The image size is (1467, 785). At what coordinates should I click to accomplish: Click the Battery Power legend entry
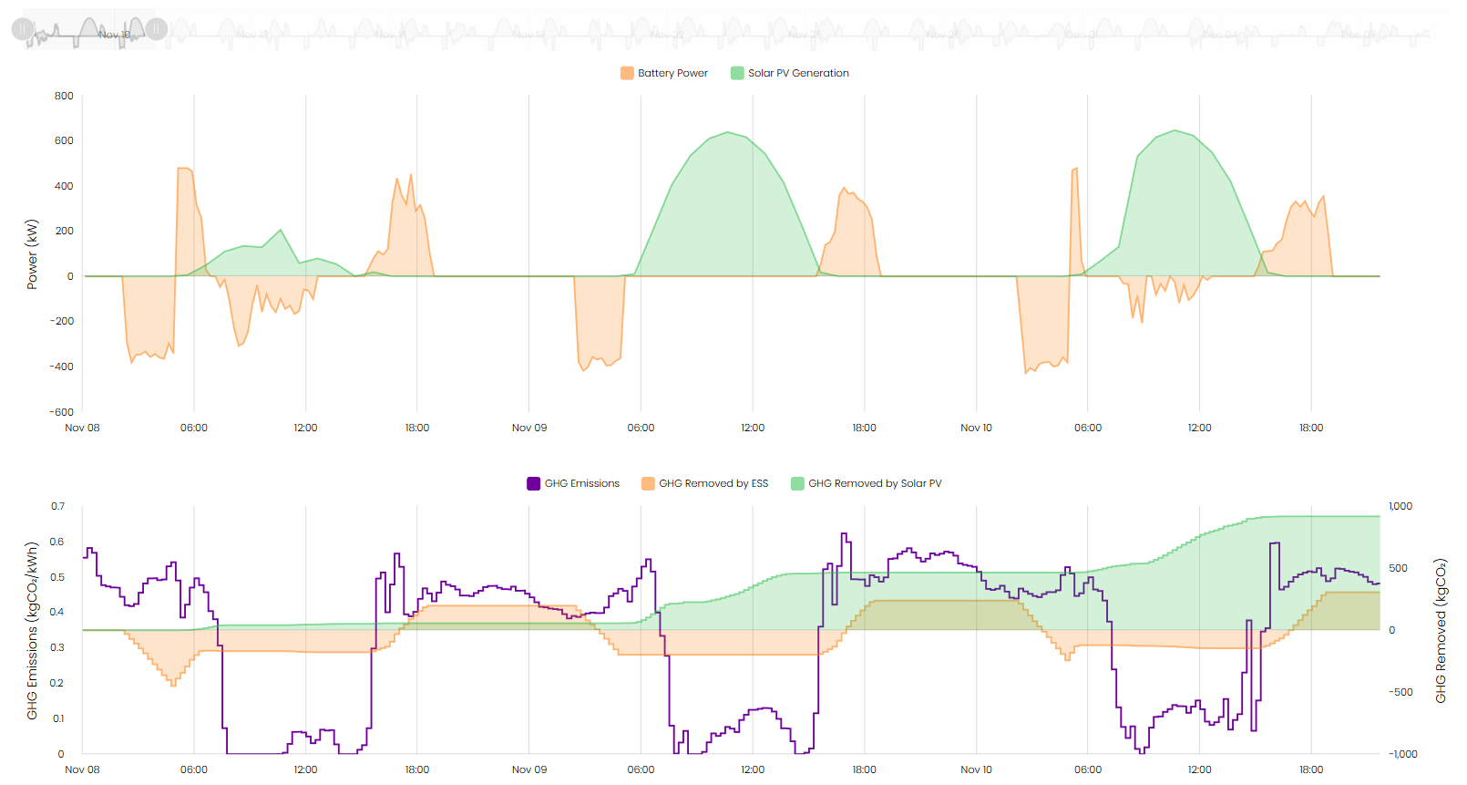[x=664, y=73]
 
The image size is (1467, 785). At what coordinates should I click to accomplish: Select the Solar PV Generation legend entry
[x=790, y=73]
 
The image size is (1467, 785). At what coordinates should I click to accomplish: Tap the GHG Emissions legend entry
[x=573, y=483]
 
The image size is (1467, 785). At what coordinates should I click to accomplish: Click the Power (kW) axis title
[x=33, y=254]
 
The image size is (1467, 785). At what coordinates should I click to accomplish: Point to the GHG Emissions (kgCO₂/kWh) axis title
[x=33, y=631]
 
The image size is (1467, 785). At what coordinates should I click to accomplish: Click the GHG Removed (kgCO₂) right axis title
[x=1441, y=631]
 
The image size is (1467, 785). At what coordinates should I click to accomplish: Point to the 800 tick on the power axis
[x=64, y=96]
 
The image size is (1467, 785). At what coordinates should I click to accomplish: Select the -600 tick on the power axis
[x=62, y=412]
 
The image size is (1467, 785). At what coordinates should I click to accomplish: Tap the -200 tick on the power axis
[x=62, y=321]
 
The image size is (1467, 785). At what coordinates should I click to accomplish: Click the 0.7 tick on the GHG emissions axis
[x=57, y=506]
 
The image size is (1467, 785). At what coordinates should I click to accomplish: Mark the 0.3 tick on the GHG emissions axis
[x=57, y=647]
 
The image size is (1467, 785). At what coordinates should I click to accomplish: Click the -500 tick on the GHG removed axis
[x=1400, y=692]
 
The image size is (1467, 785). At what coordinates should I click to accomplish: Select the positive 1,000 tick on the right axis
[x=1400, y=506]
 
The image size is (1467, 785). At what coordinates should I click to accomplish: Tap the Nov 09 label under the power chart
[x=529, y=428]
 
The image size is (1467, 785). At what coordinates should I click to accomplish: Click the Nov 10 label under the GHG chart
[x=976, y=770]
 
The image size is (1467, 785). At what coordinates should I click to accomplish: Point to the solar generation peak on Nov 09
[x=729, y=132]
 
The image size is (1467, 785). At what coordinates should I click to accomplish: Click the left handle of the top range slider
[x=23, y=29]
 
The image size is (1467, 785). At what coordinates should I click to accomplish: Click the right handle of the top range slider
[x=157, y=29]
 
